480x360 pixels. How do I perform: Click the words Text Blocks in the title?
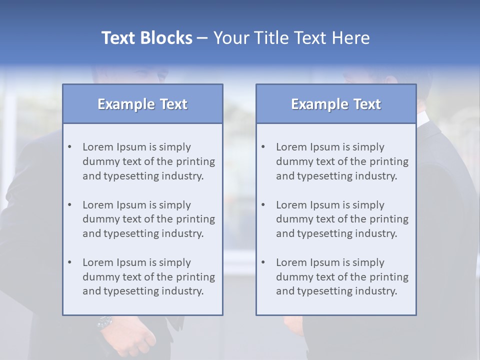click(x=146, y=38)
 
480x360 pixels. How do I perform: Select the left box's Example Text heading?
click(x=142, y=104)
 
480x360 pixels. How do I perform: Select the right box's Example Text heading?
click(x=336, y=104)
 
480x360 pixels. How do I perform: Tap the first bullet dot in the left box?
click(x=69, y=147)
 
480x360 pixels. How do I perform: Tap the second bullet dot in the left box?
click(x=69, y=205)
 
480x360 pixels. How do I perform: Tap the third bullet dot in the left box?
click(x=69, y=262)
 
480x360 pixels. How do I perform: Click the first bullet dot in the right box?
click(x=263, y=147)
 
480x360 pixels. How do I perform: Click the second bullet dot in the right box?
click(x=263, y=205)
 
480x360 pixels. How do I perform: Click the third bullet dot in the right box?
click(x=263, y=262)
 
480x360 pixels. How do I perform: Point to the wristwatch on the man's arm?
click(x=104, y=322)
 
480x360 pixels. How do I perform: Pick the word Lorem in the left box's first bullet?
click(x=98, y=147)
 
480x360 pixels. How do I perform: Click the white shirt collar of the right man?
click(x=423, y=119)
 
